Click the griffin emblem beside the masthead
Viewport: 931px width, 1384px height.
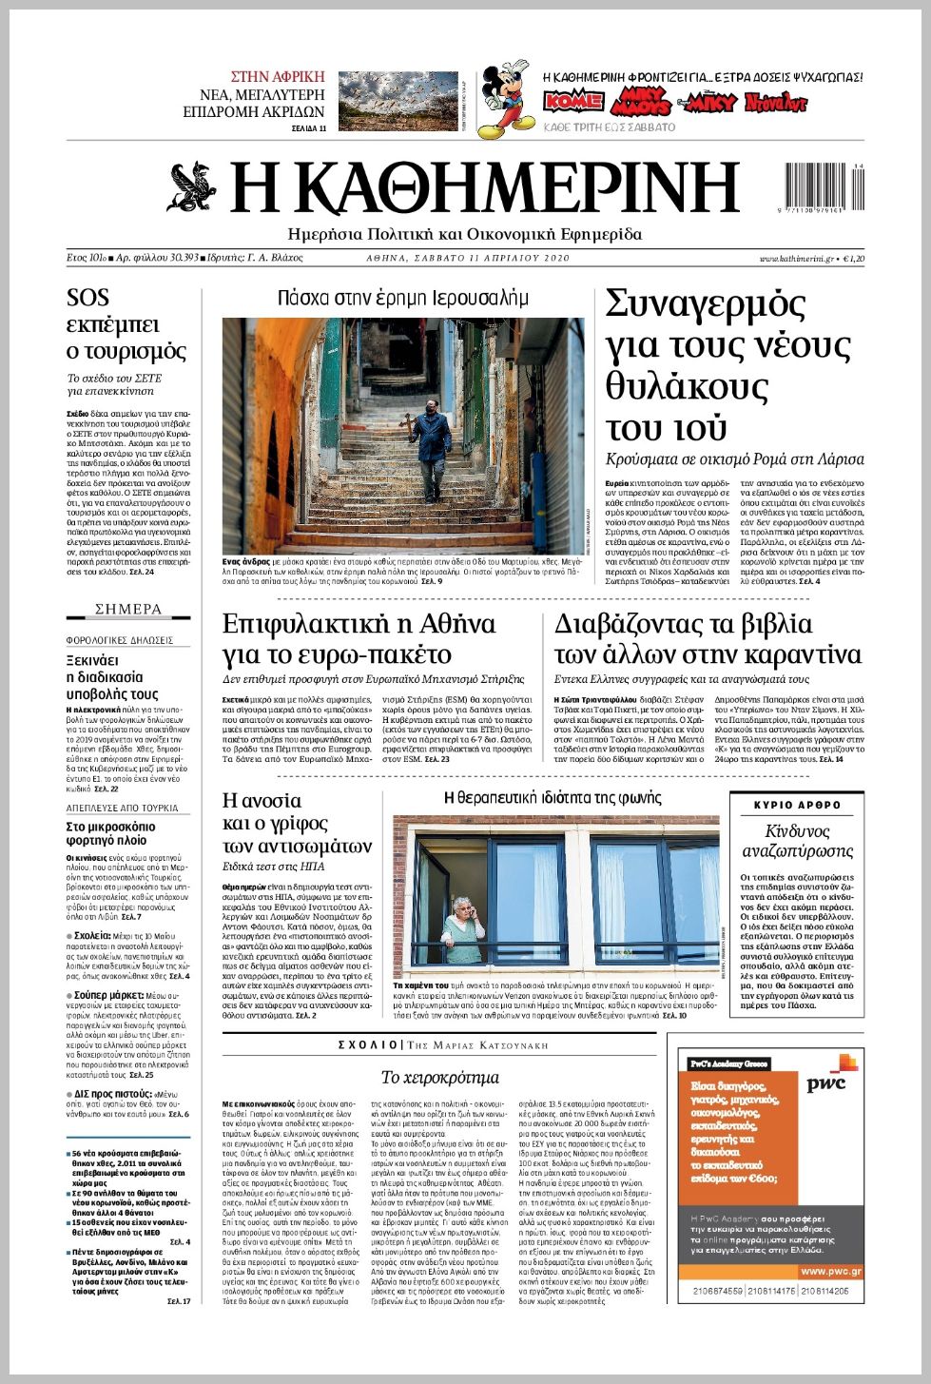click(x=193, y=187)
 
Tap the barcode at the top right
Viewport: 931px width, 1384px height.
click(x=824, y=185)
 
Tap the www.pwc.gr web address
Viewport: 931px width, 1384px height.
click(x=830, y=1271)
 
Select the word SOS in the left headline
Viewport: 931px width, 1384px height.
click(x=87, y=298)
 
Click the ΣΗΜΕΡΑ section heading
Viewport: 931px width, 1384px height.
click(x=128, y=609)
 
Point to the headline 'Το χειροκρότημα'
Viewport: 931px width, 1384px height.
click(x=439, y=1077)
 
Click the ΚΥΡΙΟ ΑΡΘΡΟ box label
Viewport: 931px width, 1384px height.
click(x=797, y=805)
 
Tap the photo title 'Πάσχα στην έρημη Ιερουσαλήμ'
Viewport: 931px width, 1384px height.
click(x=402, y=298)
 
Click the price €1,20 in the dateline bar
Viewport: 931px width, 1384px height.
click(x=852, y=258)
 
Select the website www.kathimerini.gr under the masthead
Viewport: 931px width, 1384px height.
click(x=796, y=258)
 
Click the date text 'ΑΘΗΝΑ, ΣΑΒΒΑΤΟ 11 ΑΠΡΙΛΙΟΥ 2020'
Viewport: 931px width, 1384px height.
click(x=468, y=258)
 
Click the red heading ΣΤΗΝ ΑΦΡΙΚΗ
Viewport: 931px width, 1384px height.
click(x=277, y=77)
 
